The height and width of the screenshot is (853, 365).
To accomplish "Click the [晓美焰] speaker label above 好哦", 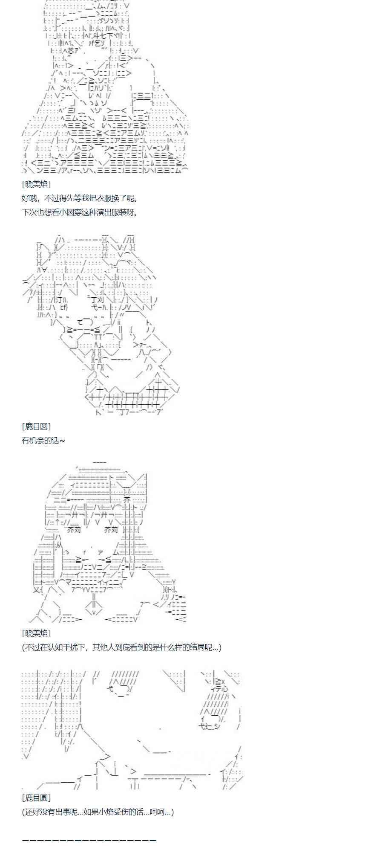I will (36, 184).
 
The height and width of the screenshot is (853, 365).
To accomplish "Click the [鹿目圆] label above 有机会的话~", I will (36, 426).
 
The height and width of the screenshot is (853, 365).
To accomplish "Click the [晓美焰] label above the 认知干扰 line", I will (36, 633).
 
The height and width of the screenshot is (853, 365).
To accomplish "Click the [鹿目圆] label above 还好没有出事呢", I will (36, 798).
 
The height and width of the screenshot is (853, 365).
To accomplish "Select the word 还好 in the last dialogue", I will (32, 812).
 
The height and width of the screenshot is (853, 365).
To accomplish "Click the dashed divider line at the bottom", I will (89, 840).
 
